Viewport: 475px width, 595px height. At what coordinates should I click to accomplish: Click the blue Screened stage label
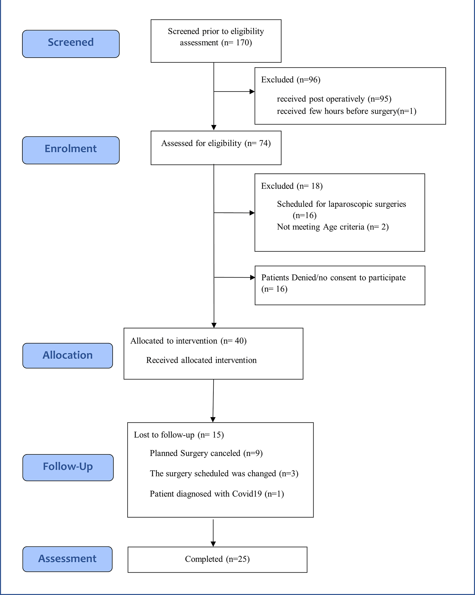coord(71,44)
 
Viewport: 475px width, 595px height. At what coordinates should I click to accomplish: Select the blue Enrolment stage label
coord(71,150)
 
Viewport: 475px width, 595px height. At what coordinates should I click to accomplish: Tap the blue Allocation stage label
coord(68,356)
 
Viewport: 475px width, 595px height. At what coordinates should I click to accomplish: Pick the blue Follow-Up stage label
coord(68,467)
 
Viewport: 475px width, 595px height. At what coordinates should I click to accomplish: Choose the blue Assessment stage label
coord(67,559)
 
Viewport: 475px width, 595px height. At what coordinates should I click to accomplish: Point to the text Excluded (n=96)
coord(291,80)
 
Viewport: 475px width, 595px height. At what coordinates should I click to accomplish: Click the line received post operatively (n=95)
coord(334,99)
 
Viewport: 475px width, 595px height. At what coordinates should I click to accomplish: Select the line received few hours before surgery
coord(347,111)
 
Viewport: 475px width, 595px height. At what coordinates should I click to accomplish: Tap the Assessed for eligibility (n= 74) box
coord(216,148)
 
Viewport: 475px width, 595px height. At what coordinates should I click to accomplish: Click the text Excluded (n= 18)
coord(292,186)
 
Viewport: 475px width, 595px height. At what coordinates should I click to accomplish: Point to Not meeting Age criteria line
coord(333,227)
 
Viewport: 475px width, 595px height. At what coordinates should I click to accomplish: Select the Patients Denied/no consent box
coord(340,285)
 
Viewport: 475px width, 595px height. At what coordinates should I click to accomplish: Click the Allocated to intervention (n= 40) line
coord(188,341)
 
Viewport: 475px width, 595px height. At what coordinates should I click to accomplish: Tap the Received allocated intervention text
coord(201,360)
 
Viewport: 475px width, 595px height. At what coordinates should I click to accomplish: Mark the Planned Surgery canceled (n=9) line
coord(206,453)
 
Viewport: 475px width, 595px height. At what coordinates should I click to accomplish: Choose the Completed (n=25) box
coord(217,560)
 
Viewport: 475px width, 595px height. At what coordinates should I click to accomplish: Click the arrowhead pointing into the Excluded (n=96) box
coord(252,92)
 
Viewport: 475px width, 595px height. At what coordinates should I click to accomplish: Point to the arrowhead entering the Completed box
coord(213,544)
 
